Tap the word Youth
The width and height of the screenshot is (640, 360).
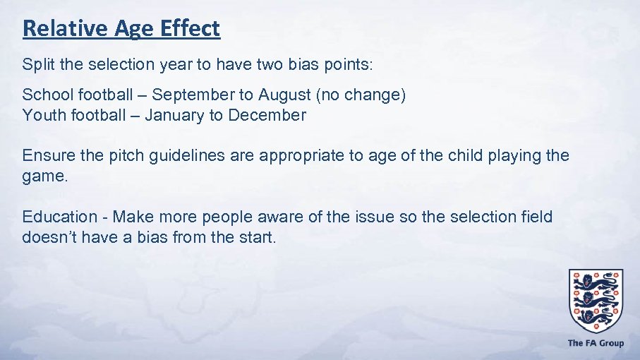(43, 115)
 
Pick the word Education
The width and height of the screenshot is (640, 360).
(59, 217)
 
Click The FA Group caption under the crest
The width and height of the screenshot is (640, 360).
(596, 343)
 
